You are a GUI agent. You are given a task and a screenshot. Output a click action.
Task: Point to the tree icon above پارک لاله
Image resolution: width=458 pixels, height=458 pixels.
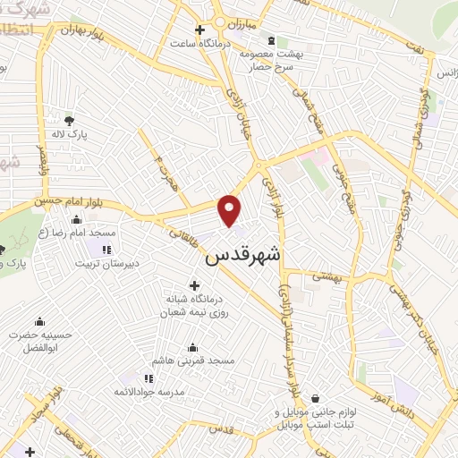click(71, 119)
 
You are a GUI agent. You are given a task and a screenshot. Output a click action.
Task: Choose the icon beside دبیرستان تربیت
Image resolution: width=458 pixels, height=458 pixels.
click(107, 249)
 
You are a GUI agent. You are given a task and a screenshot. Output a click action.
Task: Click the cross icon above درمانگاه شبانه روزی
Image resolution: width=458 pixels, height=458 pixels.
click(194, 285)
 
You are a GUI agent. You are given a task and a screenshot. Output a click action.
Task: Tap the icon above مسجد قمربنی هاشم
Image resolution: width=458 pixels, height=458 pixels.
click(193, 348)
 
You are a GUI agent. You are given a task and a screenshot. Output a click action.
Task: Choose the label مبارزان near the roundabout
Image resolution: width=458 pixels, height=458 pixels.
click(237, 18)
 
